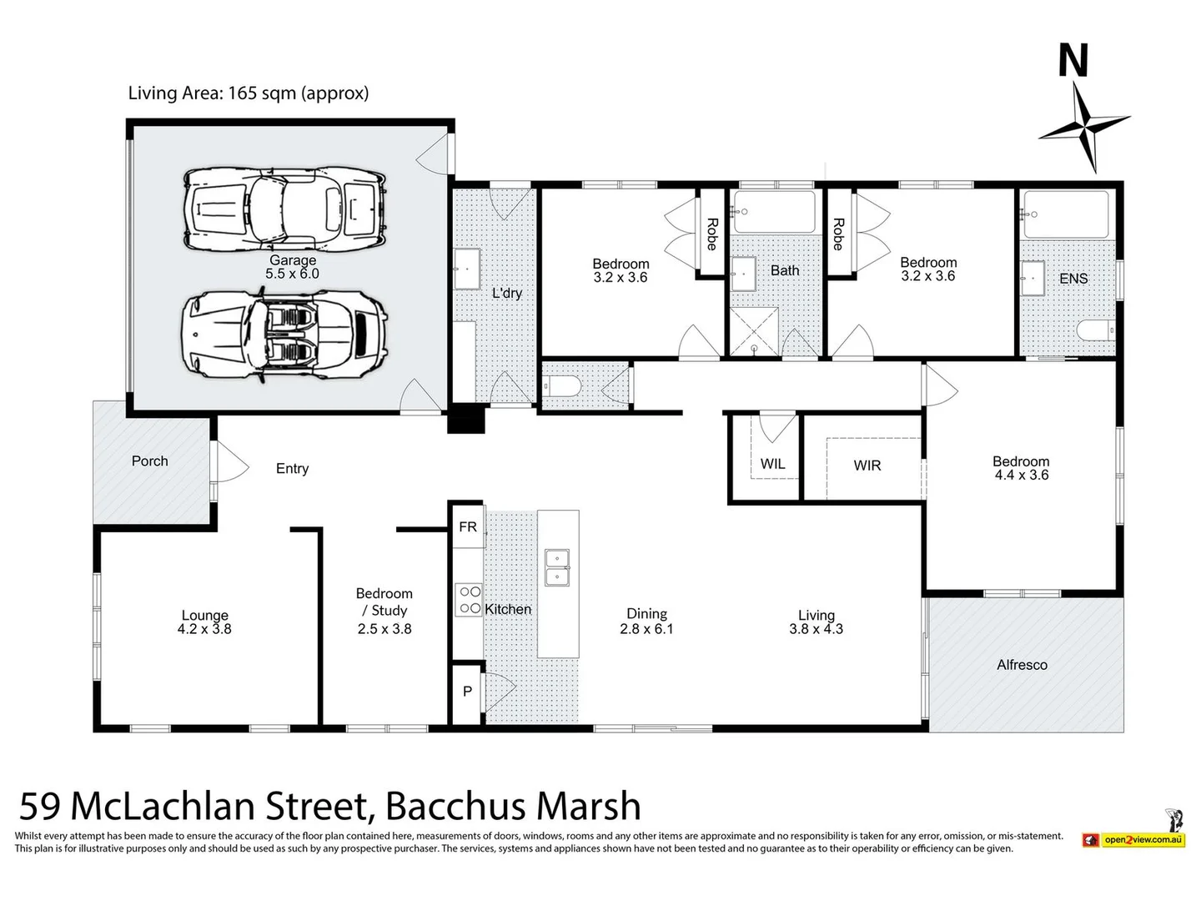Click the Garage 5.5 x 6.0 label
point(292,267)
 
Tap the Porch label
point(150,461)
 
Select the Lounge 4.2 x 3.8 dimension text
point(204,630)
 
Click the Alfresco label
point(1022,665)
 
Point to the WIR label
point(867,466)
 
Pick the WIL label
point(772,464)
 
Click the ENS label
point(1073,279)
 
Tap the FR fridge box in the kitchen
point(468,526)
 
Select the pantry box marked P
point(467,691)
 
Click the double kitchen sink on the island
point(557,567)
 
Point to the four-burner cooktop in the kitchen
point(470,600)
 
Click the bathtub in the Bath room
point(774,213)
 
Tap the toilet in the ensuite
point(1095,331)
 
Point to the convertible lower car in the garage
point(284,335)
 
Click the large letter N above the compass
point(1073,61)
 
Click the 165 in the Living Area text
point(242,93)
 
